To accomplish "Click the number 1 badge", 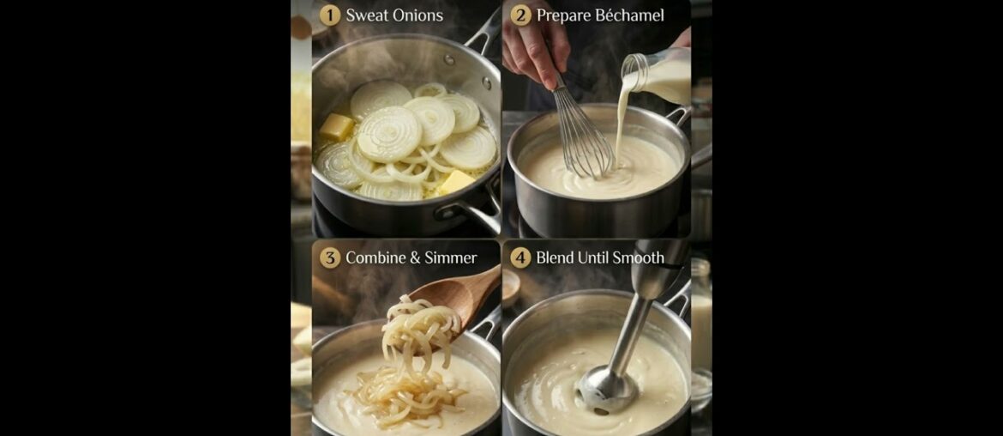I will pyautogui.click(x=330, y=15).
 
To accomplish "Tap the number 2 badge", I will pyautogui.click(x=520, y=15).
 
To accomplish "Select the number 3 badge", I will pyautogui.click(x=330, y=257).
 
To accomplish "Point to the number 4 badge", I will pyautogui.click(x=520, y=257).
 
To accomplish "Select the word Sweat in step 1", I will pyautogui.click(x=365, y=15).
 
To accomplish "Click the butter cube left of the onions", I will pyautogui.click(x=336, y=127).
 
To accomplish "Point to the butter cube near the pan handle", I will pyautogui.click(x=456, y=181).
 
